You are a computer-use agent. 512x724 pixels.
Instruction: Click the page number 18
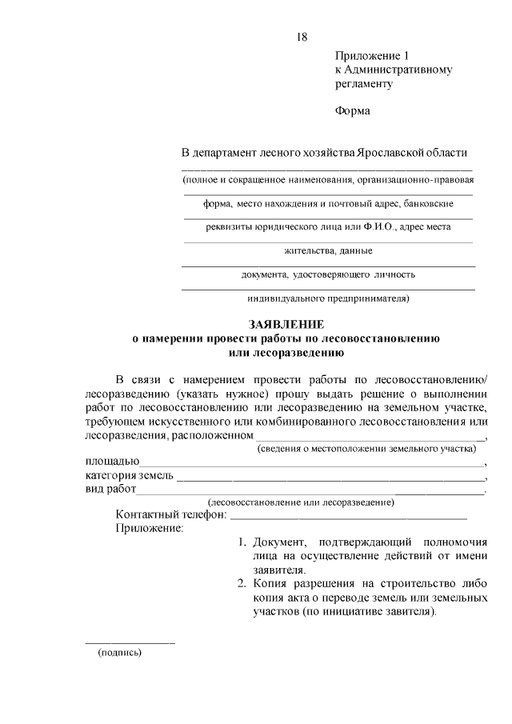click(302, 37)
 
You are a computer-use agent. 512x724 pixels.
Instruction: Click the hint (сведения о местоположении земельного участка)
click(366, 450)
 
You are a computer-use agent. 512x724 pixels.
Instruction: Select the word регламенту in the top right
click(364, 83)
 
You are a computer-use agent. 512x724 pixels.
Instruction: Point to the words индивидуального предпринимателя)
click(328, 299)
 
